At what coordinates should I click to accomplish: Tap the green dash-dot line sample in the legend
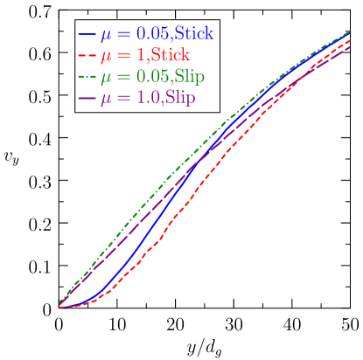click(x=87, y=77)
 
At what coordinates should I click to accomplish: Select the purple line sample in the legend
click(x=87, y=98)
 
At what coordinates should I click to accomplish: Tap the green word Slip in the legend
click(x=190, y=77)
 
